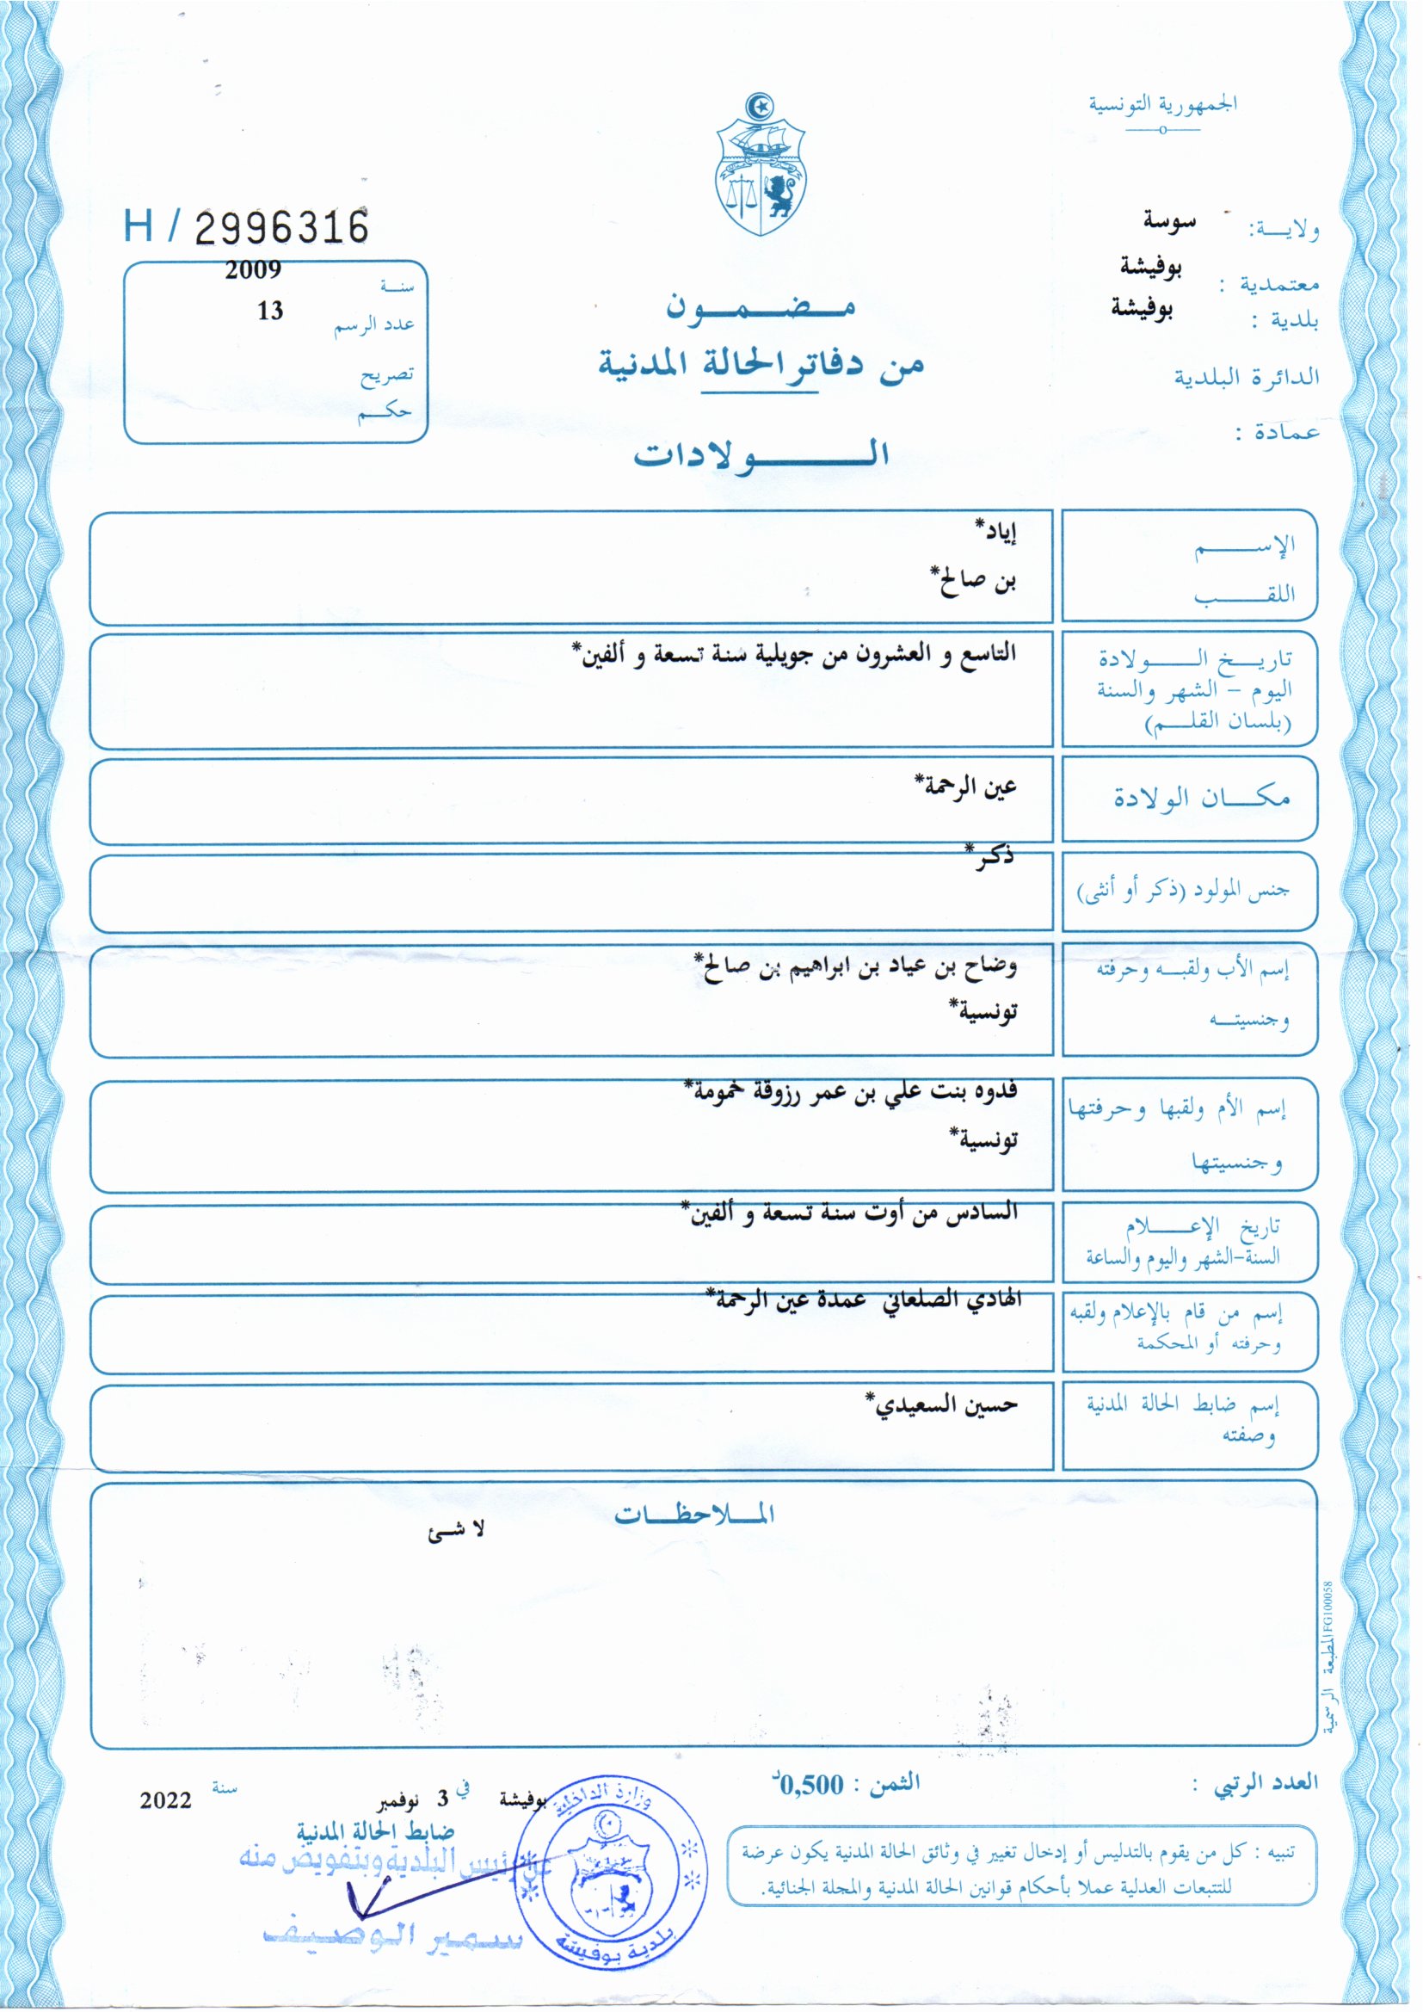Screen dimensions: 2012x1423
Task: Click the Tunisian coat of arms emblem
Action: click(x=761, y=165)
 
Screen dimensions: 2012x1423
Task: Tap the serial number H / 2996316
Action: click(x=246, y=227)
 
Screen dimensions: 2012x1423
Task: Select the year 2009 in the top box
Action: click(x=252, y=270)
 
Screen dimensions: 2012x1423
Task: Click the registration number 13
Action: click(x=270, y=311)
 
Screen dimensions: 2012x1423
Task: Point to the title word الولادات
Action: click(x=761, y=454)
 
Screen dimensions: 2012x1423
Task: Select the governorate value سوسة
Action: click(x=1169, y=221)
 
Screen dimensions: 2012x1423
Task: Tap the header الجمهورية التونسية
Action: click(x=1163, y=104)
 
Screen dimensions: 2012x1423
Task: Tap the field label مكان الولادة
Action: click(x=1201, y=798)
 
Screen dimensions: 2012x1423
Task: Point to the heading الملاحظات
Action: click(x=694, y=1514)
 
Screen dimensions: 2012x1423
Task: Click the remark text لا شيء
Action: click(x=456, y=1531)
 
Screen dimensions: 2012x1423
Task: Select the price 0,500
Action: click(x=812, y=1784)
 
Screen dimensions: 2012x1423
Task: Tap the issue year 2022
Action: click(x=165, y=1800)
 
